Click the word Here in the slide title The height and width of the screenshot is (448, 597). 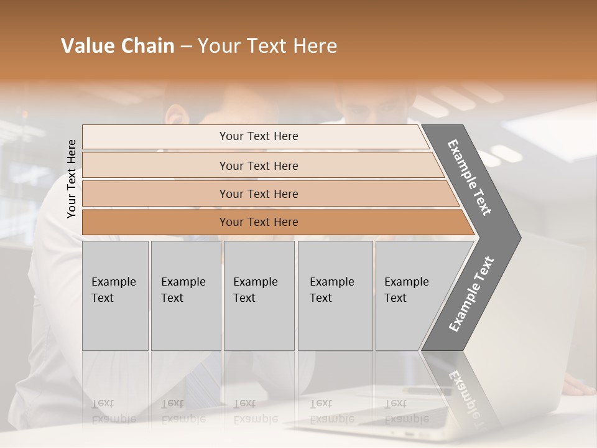[x=315, y=46]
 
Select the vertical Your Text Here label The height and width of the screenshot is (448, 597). [x=72, y=179]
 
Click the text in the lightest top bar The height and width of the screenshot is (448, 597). [x=259, y=136]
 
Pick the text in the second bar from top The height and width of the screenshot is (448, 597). [x=259, y=166]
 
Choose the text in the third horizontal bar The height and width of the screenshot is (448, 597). [x=259, y=194]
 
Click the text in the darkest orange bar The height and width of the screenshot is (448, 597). [x=259, y=222]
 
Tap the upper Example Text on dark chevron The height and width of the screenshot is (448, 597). [x=470, y=177]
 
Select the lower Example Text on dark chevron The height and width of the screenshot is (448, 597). [x=471, y=294]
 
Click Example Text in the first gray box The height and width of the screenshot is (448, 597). [x=113, y=290]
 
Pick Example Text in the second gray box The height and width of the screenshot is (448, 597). [x=183, y=290]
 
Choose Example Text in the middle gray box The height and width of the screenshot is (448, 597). [x=255, y=290]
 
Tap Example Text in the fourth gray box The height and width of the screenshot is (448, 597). [x=331, y=290]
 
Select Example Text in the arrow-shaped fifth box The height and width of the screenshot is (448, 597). [x=406, y=290]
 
